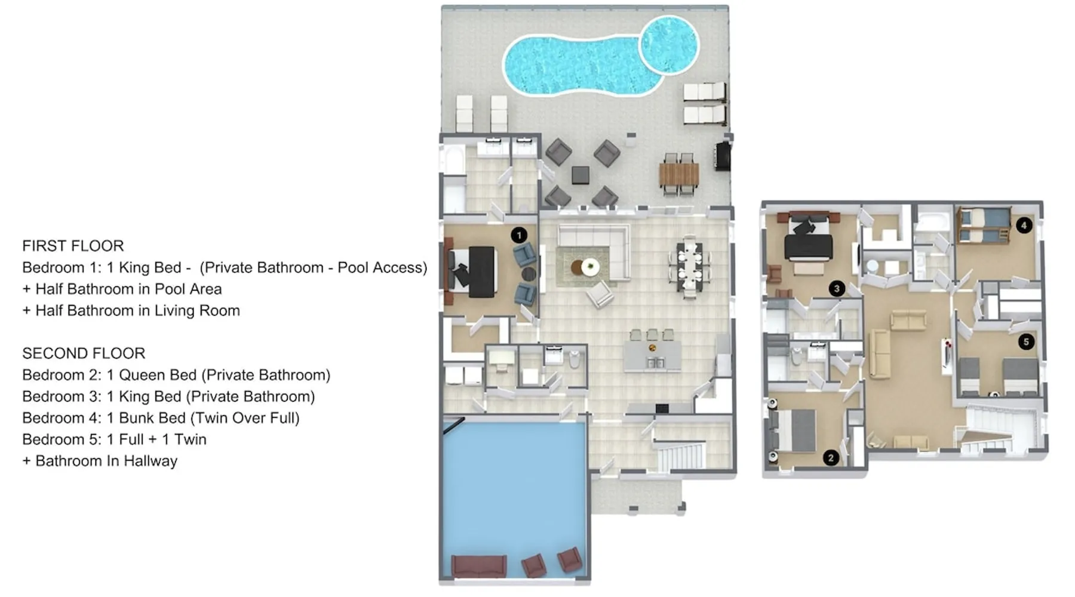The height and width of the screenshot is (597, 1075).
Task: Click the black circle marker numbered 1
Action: pyautogui.click(x=519, y=235)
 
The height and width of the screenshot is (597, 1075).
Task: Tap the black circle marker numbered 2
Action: pyautogui.click(x=831, y=458)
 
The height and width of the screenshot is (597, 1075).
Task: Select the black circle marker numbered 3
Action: pyautogui.click(x=837, y=289)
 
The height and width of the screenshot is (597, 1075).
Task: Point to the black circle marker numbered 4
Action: pyautogui.click(x=1024, y=226)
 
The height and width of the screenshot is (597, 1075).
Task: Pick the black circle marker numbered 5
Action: pyautogui.click(x=1026, y=342)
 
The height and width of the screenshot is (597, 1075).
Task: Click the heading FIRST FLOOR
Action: pyautogui.click(x=73, y=246)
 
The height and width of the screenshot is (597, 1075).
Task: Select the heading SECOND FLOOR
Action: pyautogui.click(x=84, y=353)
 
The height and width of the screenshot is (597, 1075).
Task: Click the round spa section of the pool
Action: pyautogui.click(x=669, y=45)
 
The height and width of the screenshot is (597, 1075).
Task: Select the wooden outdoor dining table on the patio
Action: pyautogui.click(x=679, y=175)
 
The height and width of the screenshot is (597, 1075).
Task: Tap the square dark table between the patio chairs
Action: pyautogui.click(x=580, y=175)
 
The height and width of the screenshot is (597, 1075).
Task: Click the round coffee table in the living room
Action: pyautogui.click(x=584, y=267)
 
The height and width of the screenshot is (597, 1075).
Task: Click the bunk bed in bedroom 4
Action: pyautogui.click(x=983, y=225)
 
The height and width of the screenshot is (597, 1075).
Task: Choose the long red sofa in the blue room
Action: pyautogui.click(x=479, y=566)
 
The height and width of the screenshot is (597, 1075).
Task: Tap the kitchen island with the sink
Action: pyautogui.click(x=652, y=356)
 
